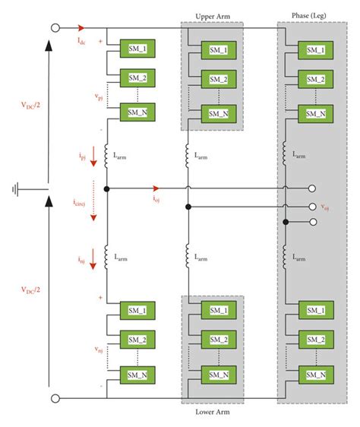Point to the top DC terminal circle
(55, 29)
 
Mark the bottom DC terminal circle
(55, 398)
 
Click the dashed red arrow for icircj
(94, 204)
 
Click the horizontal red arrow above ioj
(155, 188)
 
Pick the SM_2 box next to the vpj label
(137, 80)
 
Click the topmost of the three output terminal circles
(311, 188)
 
